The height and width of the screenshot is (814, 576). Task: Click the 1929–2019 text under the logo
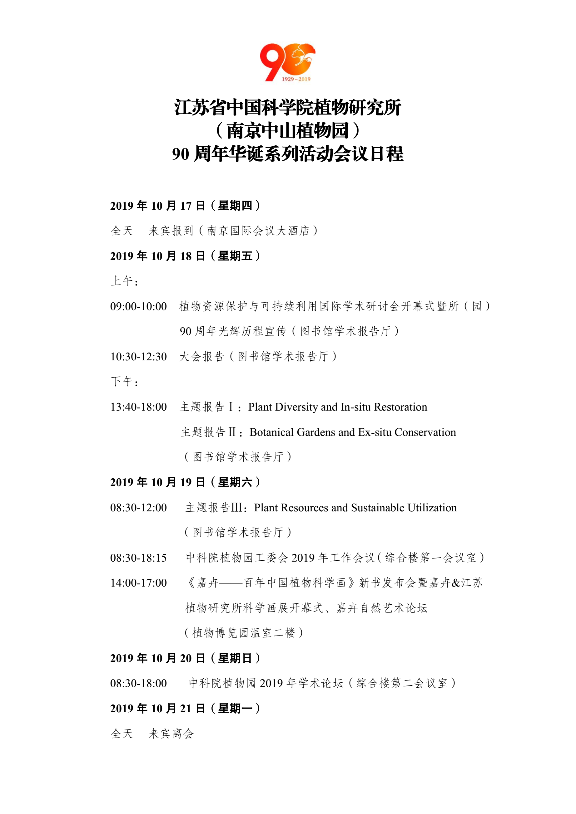(x=296, y=79)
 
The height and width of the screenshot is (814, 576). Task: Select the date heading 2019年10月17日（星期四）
(x=185, y=206)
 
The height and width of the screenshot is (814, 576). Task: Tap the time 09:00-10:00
(x=138, y=306)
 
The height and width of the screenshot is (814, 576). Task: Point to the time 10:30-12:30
(x=138, y=357)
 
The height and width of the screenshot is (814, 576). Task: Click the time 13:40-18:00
(x=138, y=407)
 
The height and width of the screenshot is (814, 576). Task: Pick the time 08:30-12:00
(x=138, y=508)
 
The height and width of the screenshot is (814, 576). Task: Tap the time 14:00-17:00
(x=138, y=583)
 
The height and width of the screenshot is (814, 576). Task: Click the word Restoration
(x=400, y=407)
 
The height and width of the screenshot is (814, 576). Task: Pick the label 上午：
(x=125, y=281)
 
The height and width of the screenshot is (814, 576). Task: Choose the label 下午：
(x=125, y=382)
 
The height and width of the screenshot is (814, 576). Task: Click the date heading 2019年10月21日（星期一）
(x=185, y=708)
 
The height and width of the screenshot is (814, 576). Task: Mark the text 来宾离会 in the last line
(x=171, y=734)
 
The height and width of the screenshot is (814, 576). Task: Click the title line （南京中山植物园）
(x=287, y=130)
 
